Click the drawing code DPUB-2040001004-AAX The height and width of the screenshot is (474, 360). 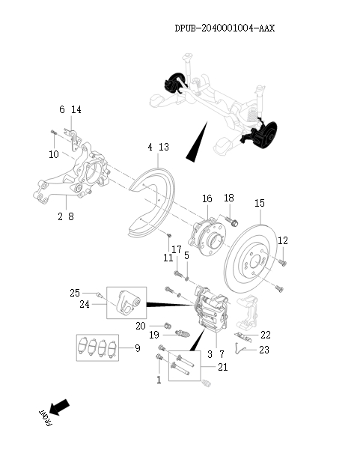[x=225, y=28]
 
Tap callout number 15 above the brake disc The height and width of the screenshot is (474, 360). [x=260, y=203]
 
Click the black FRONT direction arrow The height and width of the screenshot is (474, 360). [x=60, y=408]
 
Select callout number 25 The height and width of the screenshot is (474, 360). [x=75, y=292]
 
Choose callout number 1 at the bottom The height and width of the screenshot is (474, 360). [x=159, y=380]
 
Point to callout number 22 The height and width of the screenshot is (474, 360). [x=265, y=334]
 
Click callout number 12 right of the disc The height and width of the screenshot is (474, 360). [x=283, y=240]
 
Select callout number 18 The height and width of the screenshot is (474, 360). [x=229, y=198]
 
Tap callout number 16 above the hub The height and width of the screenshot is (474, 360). [x=207, y=198]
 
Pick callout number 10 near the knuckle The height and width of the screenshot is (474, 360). [x=54, y=154]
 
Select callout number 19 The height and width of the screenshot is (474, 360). [x=152, y=335]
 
